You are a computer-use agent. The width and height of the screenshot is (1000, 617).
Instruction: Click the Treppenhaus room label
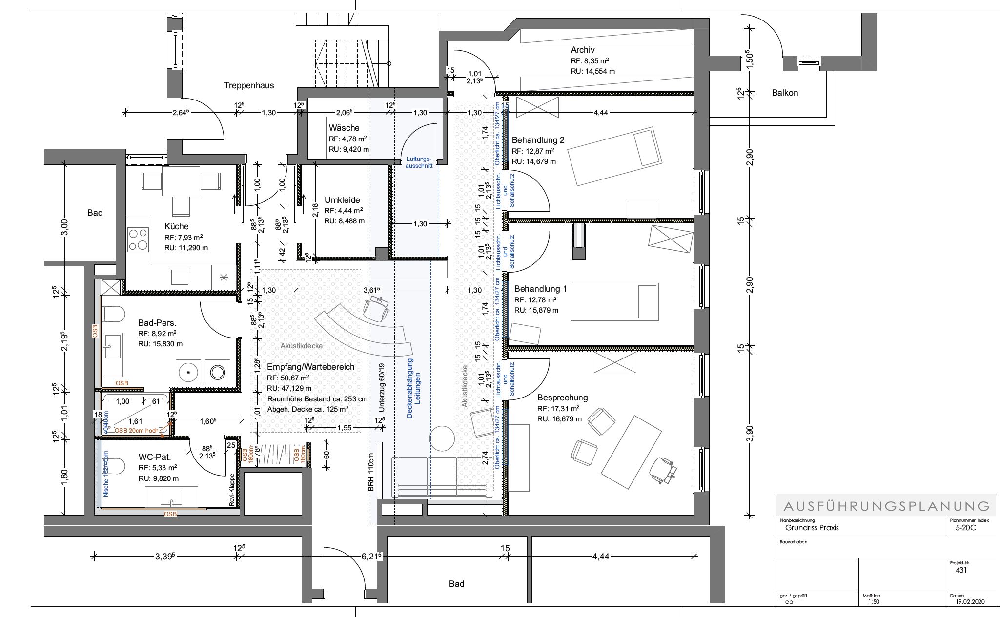(249, 85)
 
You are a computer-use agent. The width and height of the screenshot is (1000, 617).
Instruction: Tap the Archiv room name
(583, 50)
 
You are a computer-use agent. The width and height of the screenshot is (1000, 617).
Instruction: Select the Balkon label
(785, 93)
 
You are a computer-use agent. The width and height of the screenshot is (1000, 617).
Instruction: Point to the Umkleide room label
(342, 200)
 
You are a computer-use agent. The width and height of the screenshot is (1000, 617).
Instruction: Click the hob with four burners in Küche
(138, 239)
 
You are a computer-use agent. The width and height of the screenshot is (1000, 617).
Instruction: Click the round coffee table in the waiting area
(443, 438)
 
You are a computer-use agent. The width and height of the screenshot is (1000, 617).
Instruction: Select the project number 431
(960, 570)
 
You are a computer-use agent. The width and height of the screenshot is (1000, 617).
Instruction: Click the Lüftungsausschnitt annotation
(419, 162)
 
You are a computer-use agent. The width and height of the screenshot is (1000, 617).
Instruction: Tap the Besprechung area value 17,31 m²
(558, 409)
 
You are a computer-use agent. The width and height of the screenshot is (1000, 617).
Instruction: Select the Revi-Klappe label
(232, 491)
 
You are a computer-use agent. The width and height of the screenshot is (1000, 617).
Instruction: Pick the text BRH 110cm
(371, 472)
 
